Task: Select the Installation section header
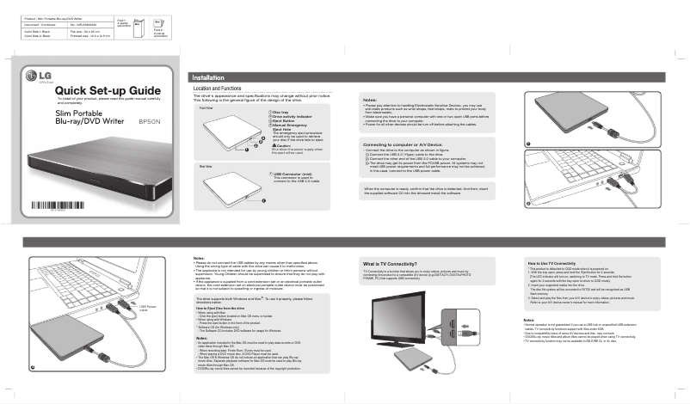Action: click(209, 77)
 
